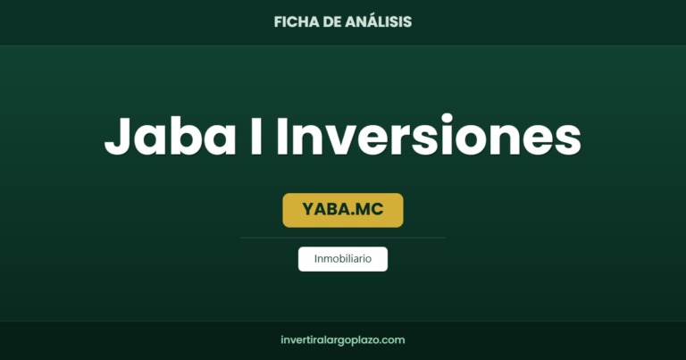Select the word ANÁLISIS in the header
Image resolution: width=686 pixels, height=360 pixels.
coord(379,21)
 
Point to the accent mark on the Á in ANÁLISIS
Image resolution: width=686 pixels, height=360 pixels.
coord(364,13)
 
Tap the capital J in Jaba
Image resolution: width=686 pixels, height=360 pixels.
coord(117,137)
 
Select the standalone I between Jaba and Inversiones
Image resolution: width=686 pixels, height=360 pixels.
coord(256,136)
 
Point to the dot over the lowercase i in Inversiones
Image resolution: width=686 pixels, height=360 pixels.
coord(447,119)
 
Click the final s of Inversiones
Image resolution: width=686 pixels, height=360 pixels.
coord(567,140)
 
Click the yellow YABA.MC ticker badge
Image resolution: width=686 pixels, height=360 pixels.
coord(343,210)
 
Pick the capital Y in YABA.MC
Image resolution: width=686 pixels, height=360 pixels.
coord(308,209)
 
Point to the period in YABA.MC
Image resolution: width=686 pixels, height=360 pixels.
coord(352,213)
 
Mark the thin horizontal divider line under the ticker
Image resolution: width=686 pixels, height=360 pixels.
coord(343,238)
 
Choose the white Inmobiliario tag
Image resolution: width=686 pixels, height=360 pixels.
coord(343,259)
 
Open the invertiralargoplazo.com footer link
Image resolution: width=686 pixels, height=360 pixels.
coord(343,340)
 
